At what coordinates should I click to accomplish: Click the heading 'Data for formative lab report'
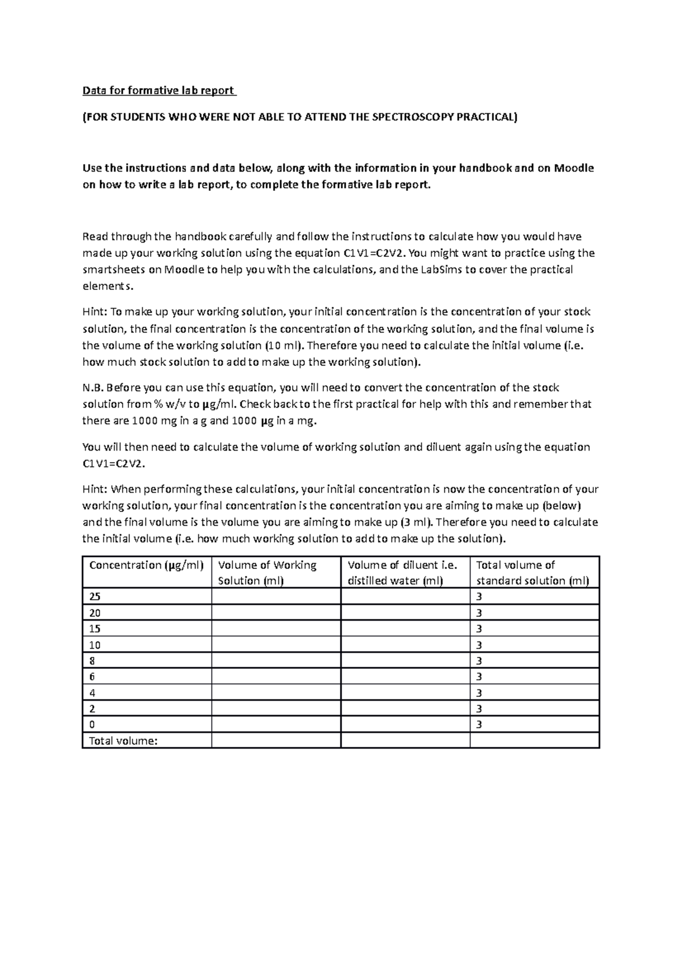pyautogui.click(x=159, y=90)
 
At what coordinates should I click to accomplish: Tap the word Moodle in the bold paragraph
pyautogui.click(x=574, y=168)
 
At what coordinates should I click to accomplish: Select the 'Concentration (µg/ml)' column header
pyautogui.click(x=146, y=565)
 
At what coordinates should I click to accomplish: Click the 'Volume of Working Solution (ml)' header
pyautogui.click(x=267, y=572)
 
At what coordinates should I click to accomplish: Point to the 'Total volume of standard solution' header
pyautogui.click(x=532, y=572)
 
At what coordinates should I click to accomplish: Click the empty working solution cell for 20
pyautogui.click(x=276, y=613)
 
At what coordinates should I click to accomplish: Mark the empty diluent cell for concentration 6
pyautogui.click(x=405, y=677)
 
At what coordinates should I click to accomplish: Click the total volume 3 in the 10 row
pyautogui.click(x=479, y=645)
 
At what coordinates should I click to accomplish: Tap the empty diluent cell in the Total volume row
pyautogui.click(x=405, y=741)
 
